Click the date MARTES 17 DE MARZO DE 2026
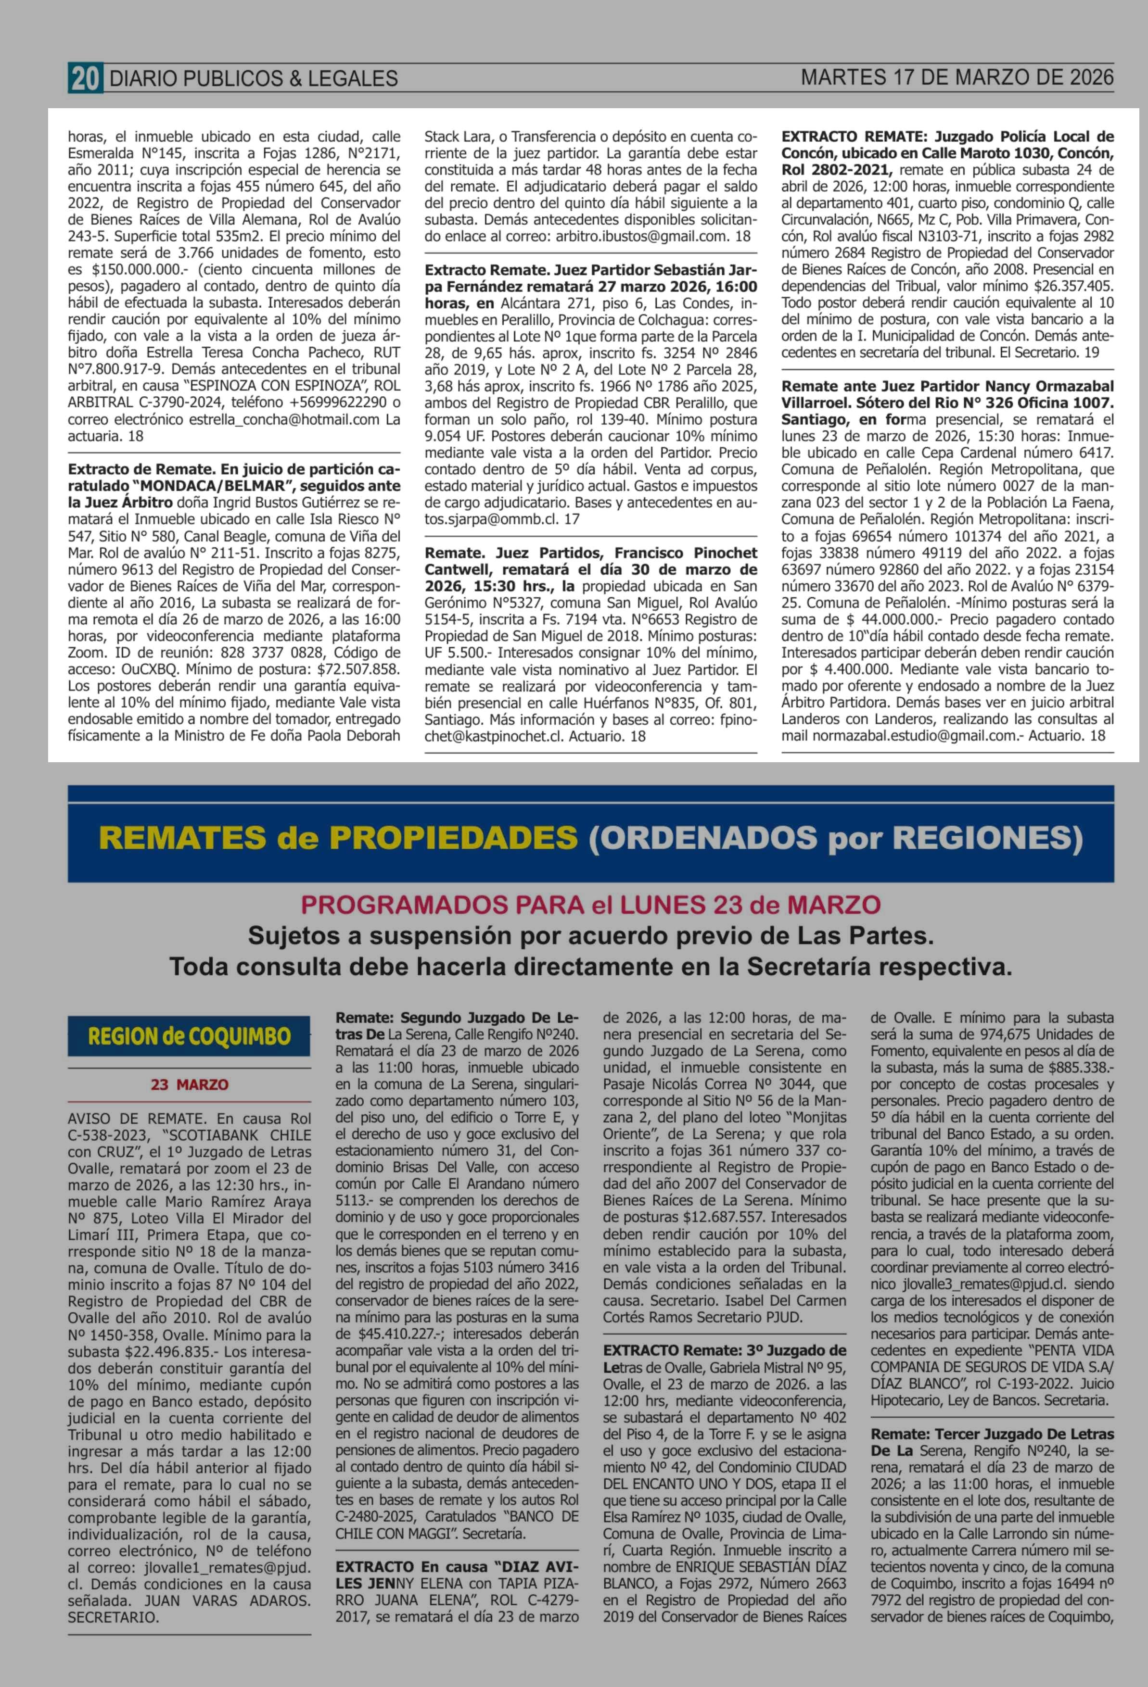(957, 77)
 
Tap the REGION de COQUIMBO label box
(189, 1036)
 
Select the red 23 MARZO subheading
(190, 1084)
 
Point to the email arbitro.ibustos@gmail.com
(642, 237)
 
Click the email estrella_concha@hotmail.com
(284, 419)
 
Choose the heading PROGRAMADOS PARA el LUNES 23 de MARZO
(590, 905)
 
